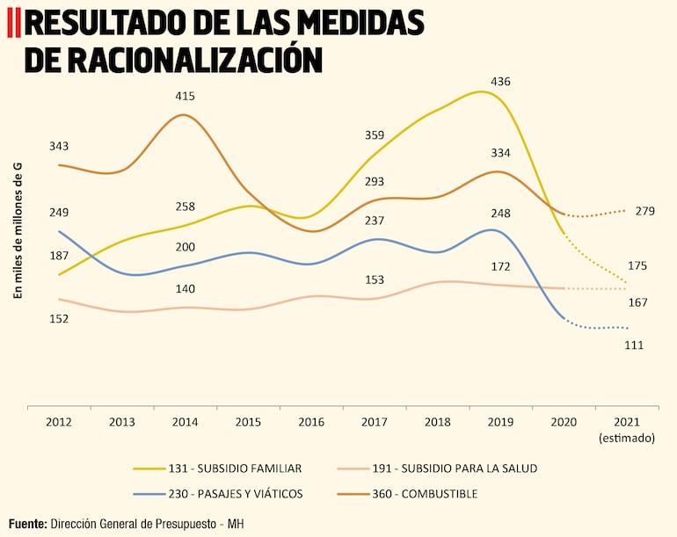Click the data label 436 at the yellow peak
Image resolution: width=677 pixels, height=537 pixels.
click(500, 82)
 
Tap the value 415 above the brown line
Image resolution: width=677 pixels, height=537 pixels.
click(185, 96)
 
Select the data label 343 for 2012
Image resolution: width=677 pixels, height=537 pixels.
click(59, 146)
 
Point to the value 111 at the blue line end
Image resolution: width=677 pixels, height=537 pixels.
click(634, 345)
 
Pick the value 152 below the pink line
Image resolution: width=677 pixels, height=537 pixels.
click(59, 319)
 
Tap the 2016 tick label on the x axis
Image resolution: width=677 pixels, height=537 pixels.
click(311, 422)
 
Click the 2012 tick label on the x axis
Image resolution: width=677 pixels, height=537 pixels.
click(59, 422)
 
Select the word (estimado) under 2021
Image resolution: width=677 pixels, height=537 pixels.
click(626, 437)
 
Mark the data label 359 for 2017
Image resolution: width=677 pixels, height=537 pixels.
click(375, 135)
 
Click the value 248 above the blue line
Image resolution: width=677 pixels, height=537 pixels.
click(500, 213)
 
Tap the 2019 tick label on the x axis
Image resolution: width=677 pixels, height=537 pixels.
click(500, 422)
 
